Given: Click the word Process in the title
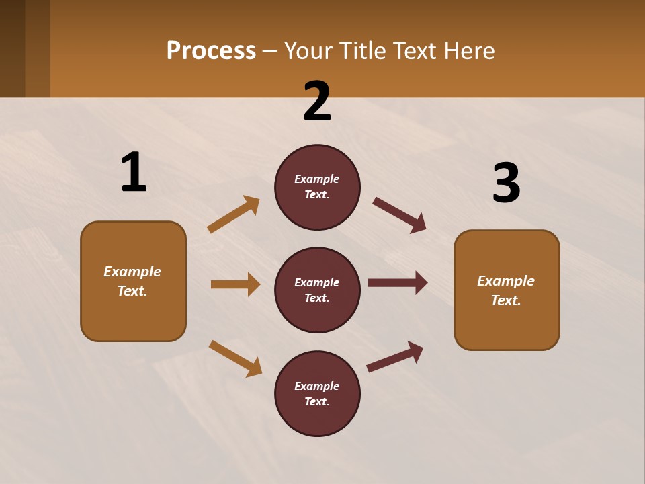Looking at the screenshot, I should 211,51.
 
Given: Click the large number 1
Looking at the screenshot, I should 134,173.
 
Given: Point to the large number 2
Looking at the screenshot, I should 317,102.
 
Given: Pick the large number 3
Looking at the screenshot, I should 506,184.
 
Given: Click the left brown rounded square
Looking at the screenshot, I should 133,281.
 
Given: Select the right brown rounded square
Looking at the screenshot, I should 507,290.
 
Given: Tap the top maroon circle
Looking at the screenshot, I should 317,187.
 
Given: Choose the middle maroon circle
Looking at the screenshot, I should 317,290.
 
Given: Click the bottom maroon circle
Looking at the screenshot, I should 317,394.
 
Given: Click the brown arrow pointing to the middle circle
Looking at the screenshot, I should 235,284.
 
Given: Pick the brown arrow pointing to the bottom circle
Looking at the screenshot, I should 235,358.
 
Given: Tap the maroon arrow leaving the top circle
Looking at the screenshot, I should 399,215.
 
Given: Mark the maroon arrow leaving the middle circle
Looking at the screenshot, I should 398,283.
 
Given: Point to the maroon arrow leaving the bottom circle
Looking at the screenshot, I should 395,357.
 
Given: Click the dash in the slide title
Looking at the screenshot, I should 270,51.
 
